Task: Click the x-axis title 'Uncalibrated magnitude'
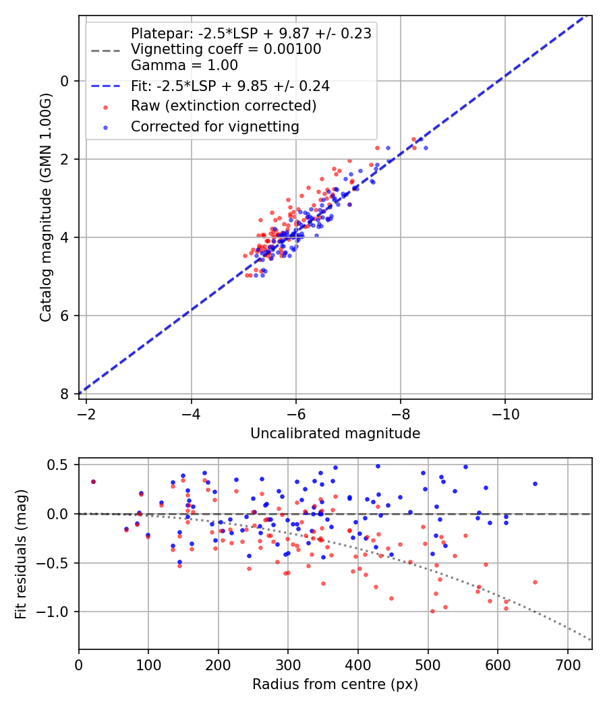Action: click(335, 434)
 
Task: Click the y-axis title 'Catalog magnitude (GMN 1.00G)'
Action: click(46, 207)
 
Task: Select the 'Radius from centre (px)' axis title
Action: click(335, 684)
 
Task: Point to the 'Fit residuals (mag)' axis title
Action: click(21, 554)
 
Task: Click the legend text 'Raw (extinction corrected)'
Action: click(223, 106)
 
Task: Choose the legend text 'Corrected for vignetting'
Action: click(215, 126)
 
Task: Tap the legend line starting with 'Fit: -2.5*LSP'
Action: click(230, 86)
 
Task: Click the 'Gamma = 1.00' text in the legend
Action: click(184, 65)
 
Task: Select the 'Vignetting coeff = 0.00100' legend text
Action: click(226, 49)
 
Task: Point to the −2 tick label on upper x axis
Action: click(86, 413)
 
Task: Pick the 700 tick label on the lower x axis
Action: click(567, 664)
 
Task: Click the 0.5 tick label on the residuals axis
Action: click(59, 465)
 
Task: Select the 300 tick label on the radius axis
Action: click(288, 664)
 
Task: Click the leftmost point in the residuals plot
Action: click(93, 481)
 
